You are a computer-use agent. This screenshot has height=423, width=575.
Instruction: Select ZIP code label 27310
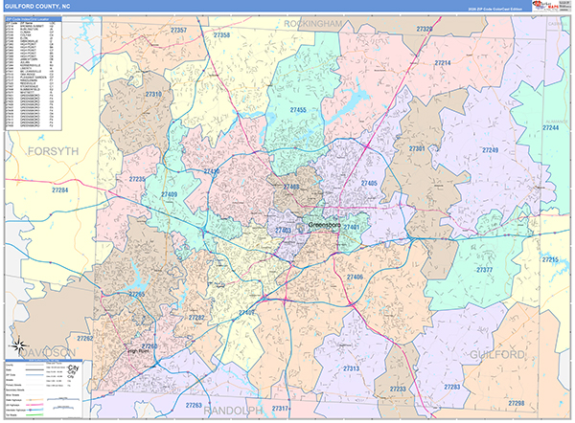[153, 95]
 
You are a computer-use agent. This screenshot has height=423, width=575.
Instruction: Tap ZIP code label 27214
[442, 63]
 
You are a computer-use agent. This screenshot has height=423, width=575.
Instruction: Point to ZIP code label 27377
[484, 270]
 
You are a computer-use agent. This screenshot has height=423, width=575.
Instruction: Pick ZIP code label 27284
[60, 191]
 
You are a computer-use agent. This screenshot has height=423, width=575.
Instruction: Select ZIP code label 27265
[138, 295]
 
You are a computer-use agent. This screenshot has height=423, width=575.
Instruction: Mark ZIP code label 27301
[417, 149]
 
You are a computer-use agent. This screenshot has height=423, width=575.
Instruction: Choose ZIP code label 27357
[178, 31]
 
